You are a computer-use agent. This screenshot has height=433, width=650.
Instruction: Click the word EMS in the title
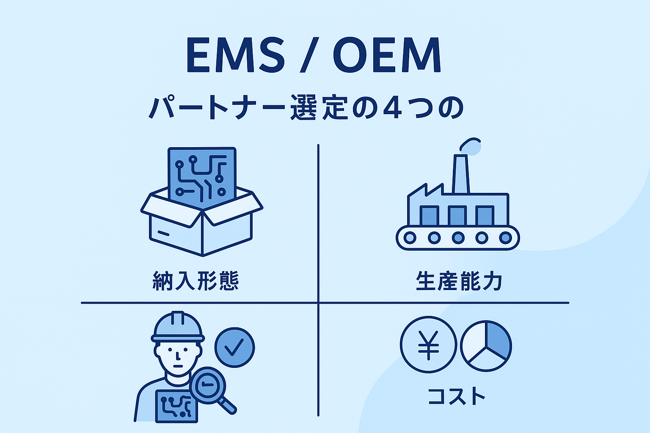pos(235,55)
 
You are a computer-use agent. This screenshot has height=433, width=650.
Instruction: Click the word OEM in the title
pos(387,55)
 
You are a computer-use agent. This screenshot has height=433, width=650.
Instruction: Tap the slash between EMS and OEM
pos(308,55)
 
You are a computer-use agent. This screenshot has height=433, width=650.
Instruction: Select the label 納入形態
pos(196,281)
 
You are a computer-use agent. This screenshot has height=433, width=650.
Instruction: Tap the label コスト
pos(456,396)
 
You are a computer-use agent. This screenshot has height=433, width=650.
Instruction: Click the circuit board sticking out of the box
pos(202,173)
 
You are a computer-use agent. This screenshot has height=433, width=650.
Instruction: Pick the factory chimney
pos(460,174)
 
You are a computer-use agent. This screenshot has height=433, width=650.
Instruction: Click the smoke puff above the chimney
pos(472,146)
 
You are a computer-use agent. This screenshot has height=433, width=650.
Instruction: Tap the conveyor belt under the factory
pos(457,238)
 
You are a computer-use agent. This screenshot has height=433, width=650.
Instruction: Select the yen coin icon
pos(428,345)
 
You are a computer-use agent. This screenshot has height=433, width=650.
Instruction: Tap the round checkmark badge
pos(234,347)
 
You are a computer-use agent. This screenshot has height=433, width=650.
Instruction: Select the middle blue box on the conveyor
pos(457,215)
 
